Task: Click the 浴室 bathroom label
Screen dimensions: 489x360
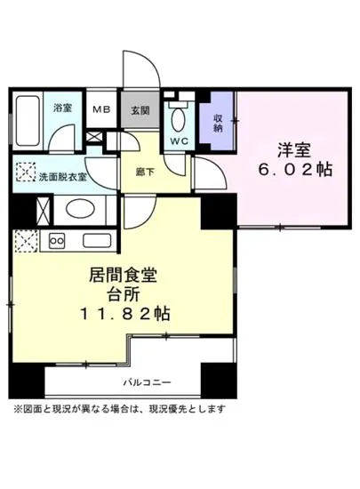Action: (x=61, y=108)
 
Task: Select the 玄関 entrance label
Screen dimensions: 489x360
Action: (x=141, y=109)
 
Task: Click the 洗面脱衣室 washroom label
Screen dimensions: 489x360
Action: (x=62, y=176)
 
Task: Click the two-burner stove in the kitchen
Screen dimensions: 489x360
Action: (x=58, y=240)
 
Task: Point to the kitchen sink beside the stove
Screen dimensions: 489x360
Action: (x=93, y=240)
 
